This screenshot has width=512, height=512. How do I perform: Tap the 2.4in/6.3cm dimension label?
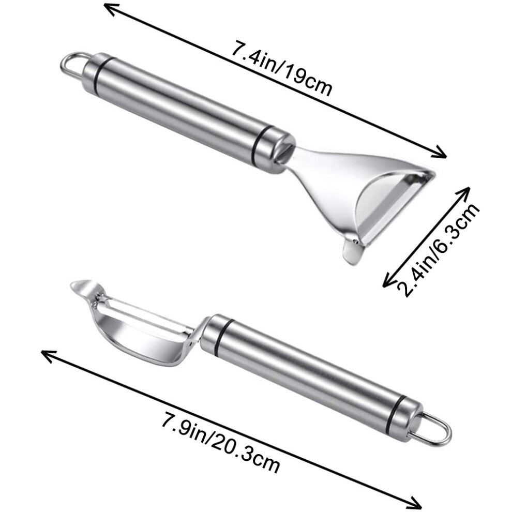(x=438, y=250)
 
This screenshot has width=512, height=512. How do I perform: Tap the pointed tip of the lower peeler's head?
(x=72, y=285)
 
